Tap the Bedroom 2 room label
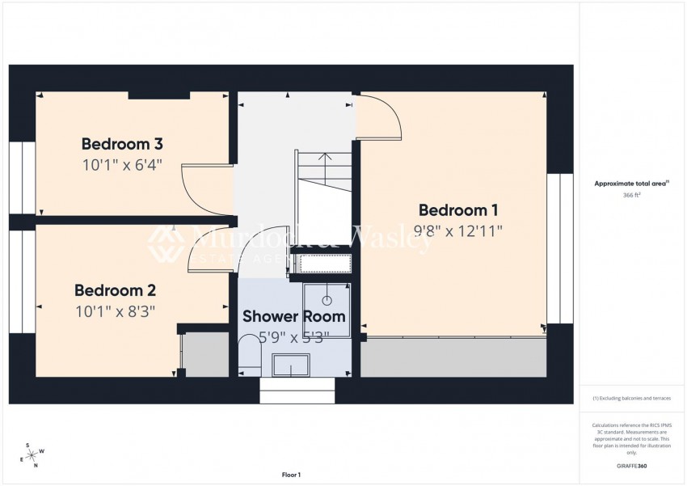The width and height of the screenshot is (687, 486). (x=115, y=290)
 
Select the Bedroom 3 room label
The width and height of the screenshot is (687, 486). (x=122, y=145)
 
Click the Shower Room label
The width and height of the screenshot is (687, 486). (x=294, y=316)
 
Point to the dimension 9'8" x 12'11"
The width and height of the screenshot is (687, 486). (x=458, y=230)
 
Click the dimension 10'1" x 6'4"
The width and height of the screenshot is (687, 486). (x=122, y=166)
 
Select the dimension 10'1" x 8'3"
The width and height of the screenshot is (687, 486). (x=115, y=310)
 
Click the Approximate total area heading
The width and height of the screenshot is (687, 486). (x=632, y=184)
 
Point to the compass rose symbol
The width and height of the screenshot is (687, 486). (x=33, y=454)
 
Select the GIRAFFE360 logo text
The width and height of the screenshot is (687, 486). (x=632, y=466)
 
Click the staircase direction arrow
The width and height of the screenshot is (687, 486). (x=323, y=162)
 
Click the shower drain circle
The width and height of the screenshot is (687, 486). (x=327, y=301)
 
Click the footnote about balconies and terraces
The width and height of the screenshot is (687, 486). (x=632, y=398)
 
